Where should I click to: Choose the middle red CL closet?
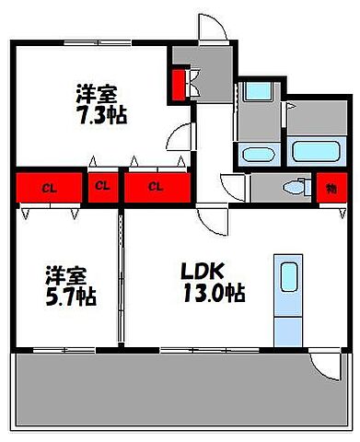102,189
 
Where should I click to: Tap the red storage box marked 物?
330,189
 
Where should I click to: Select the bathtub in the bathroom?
315,150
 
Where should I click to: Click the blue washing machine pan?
256,97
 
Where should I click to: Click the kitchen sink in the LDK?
288,277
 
